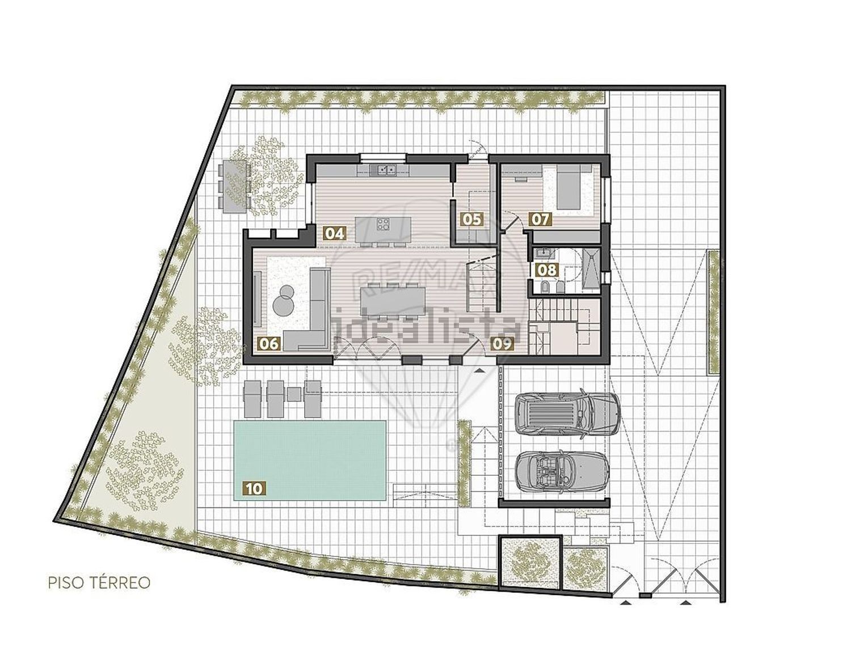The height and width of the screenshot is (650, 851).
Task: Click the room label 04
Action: (x=335, y=234)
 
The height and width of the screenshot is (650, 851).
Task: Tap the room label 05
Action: (x=471, y=220)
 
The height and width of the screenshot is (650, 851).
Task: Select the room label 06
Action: (x=269, y=343)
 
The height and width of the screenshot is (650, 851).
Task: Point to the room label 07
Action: (x=540, y=220)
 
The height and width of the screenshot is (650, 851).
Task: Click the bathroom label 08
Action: (x=546, y=270)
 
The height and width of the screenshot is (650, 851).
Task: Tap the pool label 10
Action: (x=254, y=489)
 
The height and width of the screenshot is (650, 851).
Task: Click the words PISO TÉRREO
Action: (x=99, y=583)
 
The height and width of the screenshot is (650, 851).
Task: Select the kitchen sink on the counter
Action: (x=383, y=170)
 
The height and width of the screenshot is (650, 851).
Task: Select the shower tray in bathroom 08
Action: (x=591, y=269)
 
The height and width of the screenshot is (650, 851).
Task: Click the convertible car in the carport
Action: (x=562, y=472)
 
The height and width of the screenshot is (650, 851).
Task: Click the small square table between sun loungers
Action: (x=294, y=395)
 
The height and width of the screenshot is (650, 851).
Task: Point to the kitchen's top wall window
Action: (x=383, y=158)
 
